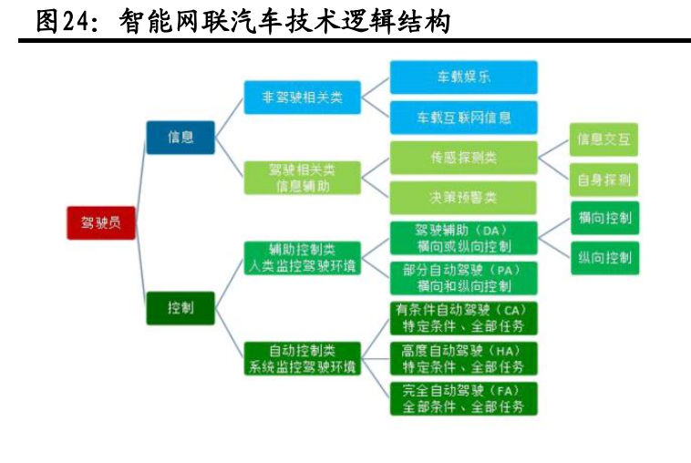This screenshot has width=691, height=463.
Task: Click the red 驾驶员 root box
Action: [100, 222]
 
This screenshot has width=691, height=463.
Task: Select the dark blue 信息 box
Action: [180, 137]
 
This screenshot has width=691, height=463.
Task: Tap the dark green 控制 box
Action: [180, 308]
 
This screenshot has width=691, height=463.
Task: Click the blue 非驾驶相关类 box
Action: [303, 97]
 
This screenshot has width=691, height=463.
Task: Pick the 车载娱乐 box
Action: [463, 77]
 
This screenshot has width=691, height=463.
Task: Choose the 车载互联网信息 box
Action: [463, 118]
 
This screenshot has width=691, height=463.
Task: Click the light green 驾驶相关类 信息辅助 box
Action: [303, 177]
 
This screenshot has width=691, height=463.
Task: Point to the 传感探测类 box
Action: [463, 158]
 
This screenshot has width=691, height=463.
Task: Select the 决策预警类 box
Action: [463, 198]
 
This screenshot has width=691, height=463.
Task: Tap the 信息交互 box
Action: [603, 139]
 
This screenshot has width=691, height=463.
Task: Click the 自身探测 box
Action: [603, 180]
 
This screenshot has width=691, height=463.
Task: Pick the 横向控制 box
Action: [603, 218]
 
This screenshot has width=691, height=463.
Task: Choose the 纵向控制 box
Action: [603, 258]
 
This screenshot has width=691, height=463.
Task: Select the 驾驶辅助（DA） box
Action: [463, 238]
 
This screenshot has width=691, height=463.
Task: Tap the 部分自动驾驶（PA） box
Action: [463, 278]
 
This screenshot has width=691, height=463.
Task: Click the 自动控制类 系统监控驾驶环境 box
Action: [303, 358]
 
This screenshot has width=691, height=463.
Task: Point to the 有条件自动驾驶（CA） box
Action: [463, 318]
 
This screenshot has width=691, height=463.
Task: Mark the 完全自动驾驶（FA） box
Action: [463, 398]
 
